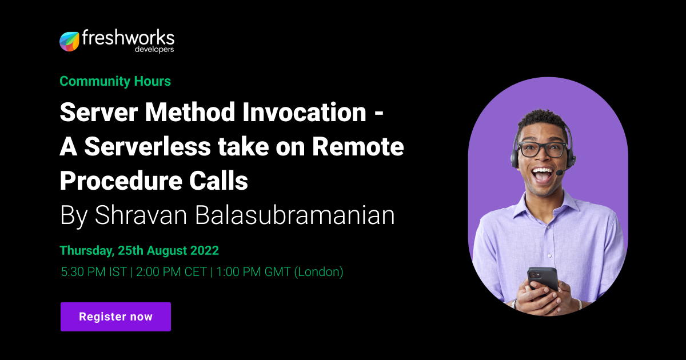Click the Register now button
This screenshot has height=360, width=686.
(115, 317)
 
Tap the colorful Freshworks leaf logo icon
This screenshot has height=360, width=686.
(69, 41)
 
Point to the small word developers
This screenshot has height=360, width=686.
(154, 50)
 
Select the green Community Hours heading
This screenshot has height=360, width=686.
(115, 81)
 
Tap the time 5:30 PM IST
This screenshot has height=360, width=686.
(93, 272)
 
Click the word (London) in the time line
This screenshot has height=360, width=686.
(318, 272)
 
